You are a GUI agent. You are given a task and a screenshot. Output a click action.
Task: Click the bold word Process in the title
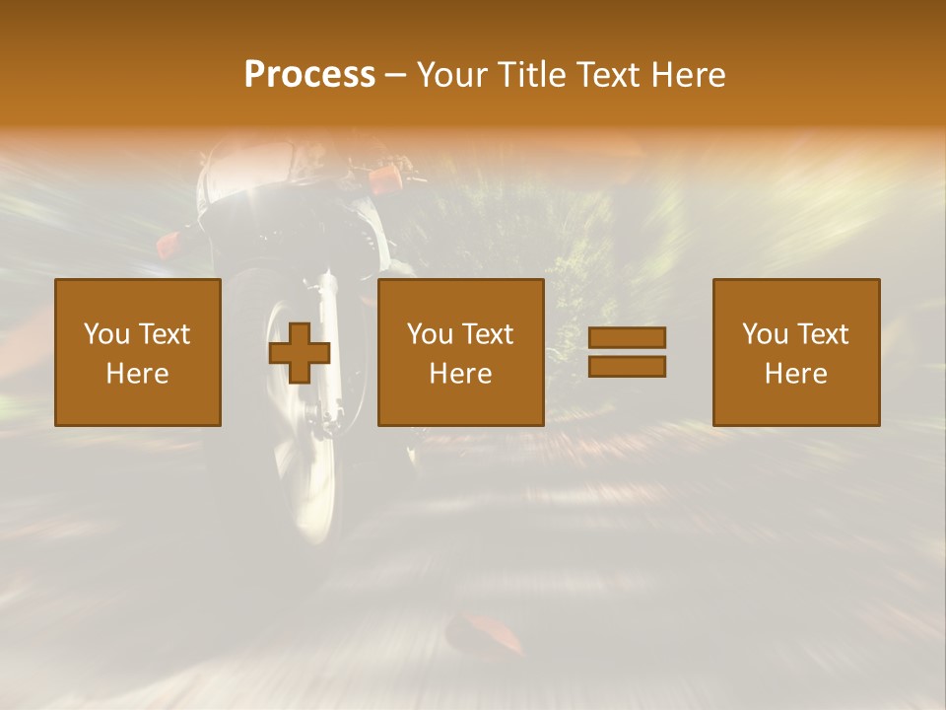pos(309,75)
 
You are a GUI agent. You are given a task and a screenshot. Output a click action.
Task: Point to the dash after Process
pos(395,75)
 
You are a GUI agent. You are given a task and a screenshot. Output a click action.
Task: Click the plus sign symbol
pos(300,352)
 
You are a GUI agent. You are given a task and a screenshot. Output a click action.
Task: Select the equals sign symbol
pos(627,352)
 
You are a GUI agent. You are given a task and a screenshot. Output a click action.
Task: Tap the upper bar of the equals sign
pos(627,337)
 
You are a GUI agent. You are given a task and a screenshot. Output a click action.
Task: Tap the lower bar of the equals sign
pos(627,367)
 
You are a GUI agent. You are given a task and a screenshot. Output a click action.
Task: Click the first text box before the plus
pos(138,352)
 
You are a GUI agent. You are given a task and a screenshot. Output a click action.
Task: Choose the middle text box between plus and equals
pos(461,352)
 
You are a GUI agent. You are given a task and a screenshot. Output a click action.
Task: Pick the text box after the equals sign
pos(796,352)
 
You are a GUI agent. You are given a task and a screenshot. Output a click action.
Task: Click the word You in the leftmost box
pos(106,334)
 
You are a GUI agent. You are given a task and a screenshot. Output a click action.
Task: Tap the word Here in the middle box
pos(461,374)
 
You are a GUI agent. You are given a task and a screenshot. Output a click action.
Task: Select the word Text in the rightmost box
pos(821,334)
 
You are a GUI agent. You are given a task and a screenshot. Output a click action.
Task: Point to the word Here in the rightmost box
pos(796,374)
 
